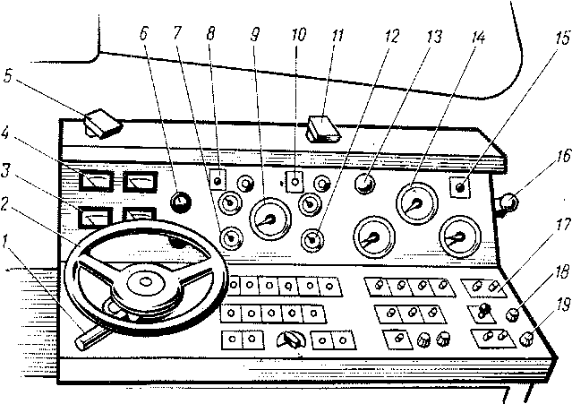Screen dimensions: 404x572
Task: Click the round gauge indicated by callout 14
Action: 414,203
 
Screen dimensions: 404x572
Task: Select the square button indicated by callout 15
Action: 461,188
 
